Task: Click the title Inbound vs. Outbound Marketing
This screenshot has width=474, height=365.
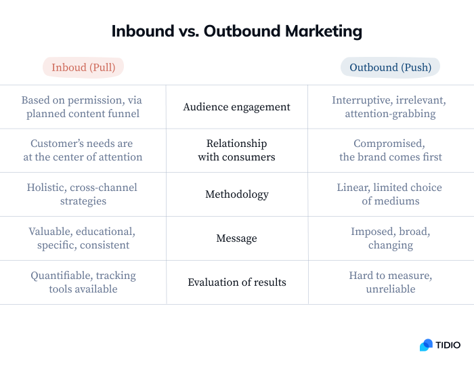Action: coord(236,31)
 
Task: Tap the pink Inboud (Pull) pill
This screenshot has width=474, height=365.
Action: coord(83,67)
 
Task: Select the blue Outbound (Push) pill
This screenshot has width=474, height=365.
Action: coord(390,67)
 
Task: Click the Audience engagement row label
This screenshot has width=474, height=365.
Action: coord(236,107)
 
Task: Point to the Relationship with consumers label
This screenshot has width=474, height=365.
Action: coord(236,150)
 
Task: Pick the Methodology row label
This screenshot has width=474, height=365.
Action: coord(236,194)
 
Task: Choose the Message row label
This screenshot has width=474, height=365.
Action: coord(236,238)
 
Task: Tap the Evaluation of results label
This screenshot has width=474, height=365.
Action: coord(236,282)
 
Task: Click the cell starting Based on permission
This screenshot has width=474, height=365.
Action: coord(83,107)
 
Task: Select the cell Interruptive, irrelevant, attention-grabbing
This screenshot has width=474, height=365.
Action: coord(389,107)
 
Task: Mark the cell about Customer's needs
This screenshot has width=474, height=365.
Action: coord(83,150)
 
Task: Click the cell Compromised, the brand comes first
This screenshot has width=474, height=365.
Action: coord(390,150)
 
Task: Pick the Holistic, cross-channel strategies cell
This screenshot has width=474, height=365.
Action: coord(83,194)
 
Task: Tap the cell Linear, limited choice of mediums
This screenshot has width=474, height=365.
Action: coord(390,194)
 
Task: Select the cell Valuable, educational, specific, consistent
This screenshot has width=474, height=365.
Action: coord(83,238)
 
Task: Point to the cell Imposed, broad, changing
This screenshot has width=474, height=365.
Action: coord(390,238)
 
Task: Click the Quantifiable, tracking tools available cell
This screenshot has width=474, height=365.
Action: coord(83,282)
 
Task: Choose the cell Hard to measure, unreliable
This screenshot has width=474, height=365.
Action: coord(390,282)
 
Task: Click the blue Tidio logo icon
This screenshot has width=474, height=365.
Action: coord(426,345)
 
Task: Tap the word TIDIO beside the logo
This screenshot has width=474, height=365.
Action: coord(448,345)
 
